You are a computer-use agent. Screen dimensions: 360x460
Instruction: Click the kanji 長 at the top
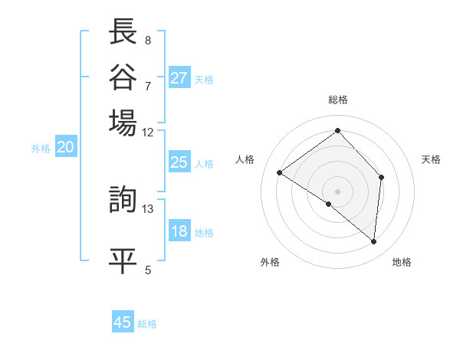123,32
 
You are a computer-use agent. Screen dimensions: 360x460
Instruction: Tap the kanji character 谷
123,77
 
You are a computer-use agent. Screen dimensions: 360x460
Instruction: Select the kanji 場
123,122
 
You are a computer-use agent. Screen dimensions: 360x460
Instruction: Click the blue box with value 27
179,78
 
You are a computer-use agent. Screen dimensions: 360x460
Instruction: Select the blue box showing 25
179,162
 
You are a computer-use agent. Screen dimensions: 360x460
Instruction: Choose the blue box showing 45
123,322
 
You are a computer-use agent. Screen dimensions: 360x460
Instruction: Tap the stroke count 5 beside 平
148,269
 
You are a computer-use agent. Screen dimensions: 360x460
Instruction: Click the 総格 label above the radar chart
338,100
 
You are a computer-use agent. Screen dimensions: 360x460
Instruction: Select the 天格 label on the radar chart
431,159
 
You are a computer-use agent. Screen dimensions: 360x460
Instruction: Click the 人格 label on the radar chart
245,159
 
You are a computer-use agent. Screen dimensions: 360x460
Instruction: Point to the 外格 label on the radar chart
270,262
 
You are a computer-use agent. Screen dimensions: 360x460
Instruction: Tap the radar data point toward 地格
374,241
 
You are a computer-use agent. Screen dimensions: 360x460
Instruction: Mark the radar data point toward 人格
280,172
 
